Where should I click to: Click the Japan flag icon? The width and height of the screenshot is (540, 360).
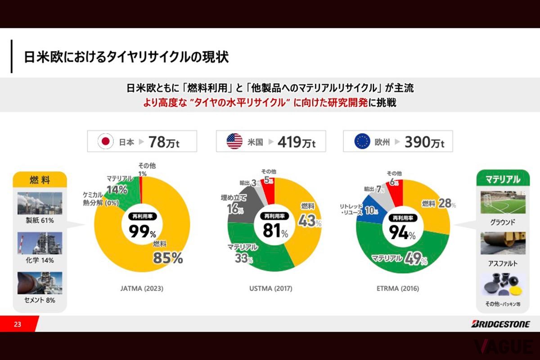pos(106,142)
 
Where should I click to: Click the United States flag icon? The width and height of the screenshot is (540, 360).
pos(234,142)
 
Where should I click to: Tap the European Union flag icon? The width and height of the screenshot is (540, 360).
pos(362,142)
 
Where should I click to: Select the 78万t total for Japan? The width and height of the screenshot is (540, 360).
pos(164,142)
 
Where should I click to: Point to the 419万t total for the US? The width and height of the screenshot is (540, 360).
pos(297,142)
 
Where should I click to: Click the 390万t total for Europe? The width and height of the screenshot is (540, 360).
pos(424,142)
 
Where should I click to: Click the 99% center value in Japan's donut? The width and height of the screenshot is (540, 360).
pos(142,232)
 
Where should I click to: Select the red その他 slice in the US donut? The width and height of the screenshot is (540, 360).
pos(268,186)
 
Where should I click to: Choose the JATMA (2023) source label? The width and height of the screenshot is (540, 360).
pos(142,288)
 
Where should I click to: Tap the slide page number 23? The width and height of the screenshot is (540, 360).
pos(18,324)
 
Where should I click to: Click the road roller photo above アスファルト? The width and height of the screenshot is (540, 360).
pos(503,243)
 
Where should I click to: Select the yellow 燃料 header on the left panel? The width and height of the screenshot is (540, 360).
pos(40,180)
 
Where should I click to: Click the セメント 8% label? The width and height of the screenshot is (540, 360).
pos(40,300)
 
